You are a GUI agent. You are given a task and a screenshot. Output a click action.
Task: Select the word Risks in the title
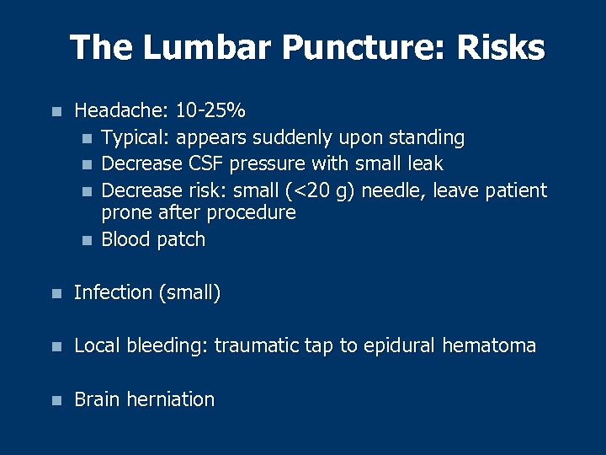(x=501, y=48)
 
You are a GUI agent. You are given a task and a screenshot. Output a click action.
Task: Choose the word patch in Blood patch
(x=182, y=239)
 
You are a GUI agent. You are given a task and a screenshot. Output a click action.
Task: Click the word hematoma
(x=490, y=345)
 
